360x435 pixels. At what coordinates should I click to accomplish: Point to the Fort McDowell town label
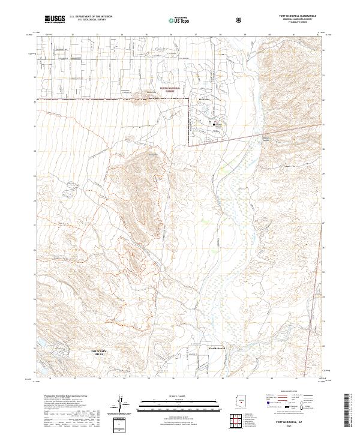point(215,349)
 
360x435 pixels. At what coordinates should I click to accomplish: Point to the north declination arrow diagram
point(123,406)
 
